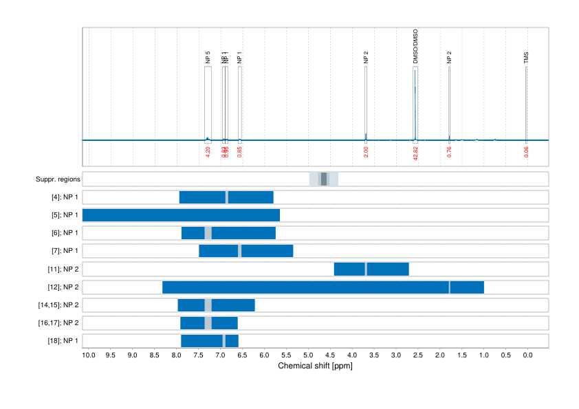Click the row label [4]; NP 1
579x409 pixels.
pyautogui.click(x=61, y=197)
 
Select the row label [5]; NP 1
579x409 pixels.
pyautogui.click(x=61, y=215)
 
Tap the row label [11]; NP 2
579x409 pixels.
pyautogui.click(x=59, y=269)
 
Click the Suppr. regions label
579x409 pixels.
pyautogui.click(x=58, y=179)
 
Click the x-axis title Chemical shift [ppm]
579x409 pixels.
pyautogui.click(x=315, y=366)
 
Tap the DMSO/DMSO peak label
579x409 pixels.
pyautogui.click(x=415, y=47)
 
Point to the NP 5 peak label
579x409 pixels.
pyautogui.click(x=208, y=57)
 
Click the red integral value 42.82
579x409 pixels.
pyautogui.click(x=415, y=153)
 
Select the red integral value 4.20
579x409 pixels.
pyautogui.click(x=208, y=151)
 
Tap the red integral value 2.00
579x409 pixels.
pyautogui.click(x=366, y=151)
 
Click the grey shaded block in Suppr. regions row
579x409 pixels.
pyautogui.click(x=324, y=179)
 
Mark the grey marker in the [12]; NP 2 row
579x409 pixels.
pyautogui.click(x=450, y=287)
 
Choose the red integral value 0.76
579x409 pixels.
pyautogui.click(x=449, y=151)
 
